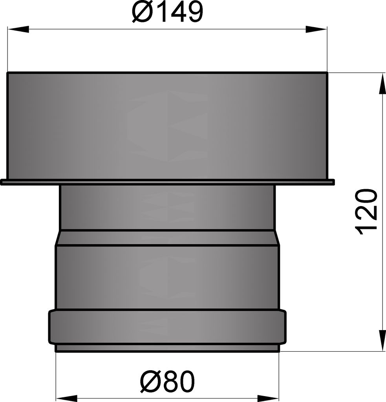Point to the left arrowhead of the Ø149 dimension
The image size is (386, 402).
[x=18, y=29]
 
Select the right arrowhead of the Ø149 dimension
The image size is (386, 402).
[x=316, y=29]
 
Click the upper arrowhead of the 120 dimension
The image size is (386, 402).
[x=382, y=83]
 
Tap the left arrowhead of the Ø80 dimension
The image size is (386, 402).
[x=66, y=398]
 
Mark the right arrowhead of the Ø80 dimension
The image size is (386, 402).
[x=268, y=398]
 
